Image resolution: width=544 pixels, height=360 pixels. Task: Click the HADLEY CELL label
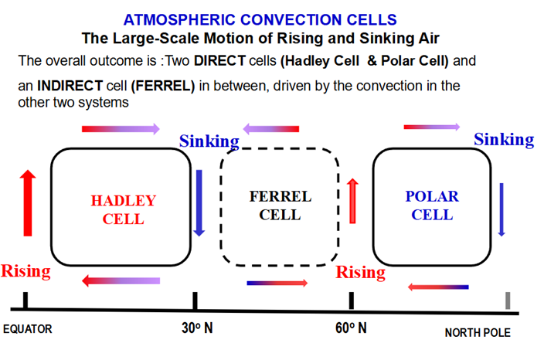point(123,209)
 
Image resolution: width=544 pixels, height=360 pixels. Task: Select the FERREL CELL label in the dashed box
point(280,205)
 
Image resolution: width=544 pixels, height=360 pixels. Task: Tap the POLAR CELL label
point(432,205)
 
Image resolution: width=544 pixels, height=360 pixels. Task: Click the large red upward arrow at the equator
point(28,203)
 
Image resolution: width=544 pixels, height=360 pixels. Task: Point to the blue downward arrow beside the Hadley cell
point(199,203)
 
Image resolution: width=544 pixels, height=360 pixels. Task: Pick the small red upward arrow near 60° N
point(352,201)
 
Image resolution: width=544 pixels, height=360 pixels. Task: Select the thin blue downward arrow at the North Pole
point(501,209)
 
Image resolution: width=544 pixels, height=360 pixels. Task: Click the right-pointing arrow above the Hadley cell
point(121,129)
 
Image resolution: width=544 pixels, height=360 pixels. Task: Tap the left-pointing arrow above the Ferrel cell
point(270,129)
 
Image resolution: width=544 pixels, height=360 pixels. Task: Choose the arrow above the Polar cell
point(432,127)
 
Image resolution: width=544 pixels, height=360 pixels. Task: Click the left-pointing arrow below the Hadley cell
point(121,280)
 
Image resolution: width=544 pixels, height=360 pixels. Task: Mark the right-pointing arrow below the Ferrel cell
point(277,283)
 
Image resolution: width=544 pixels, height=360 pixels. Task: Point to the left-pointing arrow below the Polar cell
point(438,287)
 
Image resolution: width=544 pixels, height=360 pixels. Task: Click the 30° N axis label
point(197,328)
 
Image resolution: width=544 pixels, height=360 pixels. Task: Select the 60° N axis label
point(351,328)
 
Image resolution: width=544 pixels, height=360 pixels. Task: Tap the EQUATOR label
point(27,329)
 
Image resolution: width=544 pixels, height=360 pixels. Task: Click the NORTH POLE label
point(478,333)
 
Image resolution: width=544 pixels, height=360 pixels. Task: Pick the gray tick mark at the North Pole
point(508,301)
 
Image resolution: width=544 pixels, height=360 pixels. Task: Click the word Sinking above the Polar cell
point(504,139)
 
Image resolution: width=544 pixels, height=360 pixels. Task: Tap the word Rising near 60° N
point(360,272)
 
